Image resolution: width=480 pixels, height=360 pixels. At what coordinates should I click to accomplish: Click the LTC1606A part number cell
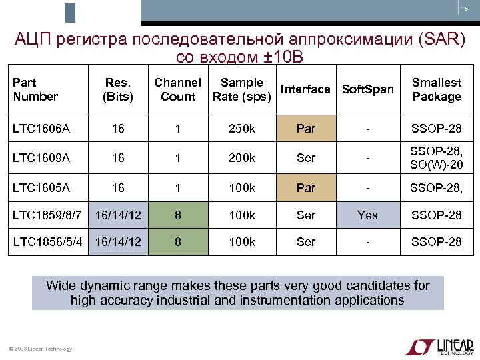tap(41, 129)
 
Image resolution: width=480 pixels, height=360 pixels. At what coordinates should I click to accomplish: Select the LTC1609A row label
tap(41, 158)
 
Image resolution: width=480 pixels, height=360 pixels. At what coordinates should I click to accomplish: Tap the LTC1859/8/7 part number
tap(47, 215)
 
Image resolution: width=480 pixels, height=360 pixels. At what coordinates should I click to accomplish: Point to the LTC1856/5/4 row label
tap(51, 242)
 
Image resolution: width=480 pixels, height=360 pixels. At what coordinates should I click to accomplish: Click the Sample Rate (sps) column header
tap(241, 90)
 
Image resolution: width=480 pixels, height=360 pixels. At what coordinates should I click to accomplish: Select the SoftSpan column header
tap(367, 89)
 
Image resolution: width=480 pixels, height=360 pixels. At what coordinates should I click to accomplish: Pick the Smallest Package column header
tap(436, 90)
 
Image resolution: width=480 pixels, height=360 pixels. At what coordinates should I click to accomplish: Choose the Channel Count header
tap(177, 90)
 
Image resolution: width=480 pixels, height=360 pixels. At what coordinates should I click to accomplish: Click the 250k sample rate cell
tap(241, 129)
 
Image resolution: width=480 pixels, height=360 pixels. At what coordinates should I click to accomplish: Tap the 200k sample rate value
tap(241, 158)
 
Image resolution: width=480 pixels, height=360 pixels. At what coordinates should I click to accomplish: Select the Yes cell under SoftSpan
tap(367, 215)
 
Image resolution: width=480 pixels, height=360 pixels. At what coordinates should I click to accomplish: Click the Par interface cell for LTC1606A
tap(305, 129)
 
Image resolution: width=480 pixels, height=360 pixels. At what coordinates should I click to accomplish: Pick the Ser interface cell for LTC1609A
tap(305, 158)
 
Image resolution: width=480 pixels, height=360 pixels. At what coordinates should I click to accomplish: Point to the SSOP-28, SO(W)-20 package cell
tap(436, 158)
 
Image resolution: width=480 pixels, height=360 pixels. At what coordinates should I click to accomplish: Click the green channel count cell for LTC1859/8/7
tap(177, 215)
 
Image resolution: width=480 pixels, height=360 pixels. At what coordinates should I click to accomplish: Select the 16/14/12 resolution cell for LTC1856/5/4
tap(118, 242)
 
